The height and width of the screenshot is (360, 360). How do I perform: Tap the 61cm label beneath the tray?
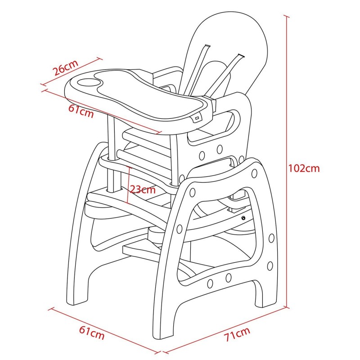[81, 111]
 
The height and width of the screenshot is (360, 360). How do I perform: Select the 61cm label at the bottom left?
[92, 333]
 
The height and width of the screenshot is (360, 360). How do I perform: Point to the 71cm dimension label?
[237, 334]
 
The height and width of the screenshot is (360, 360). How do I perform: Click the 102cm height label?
[304, 168]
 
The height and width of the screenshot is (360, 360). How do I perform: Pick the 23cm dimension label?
[143, 189]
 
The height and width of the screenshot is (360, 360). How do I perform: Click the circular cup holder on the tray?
[88, 83]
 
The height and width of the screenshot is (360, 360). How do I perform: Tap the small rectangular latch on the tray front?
[197, 118]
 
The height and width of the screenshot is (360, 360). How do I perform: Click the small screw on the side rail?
[243, 218]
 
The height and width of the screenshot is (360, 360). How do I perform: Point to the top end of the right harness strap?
[241, 56]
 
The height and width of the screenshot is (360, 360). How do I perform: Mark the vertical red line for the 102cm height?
[286, 162]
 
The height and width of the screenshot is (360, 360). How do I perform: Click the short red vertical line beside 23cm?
[129, 185]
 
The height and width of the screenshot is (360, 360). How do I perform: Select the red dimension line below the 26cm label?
[72, 72]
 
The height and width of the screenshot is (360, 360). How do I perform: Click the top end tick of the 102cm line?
[286, 16]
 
